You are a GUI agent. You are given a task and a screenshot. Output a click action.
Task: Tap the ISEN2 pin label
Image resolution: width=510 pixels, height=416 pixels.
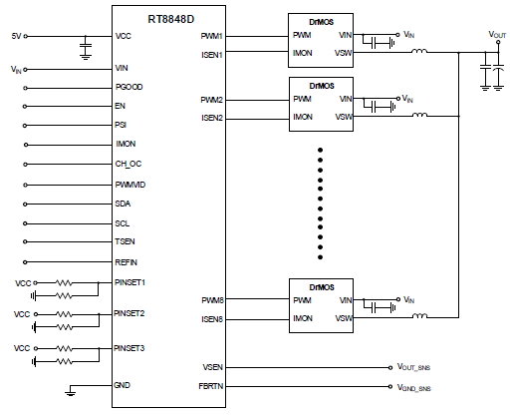[211, 118]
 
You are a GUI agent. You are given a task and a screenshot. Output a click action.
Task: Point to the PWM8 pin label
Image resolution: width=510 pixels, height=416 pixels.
[211, 299]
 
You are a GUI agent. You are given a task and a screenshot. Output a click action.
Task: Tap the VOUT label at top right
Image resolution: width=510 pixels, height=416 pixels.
[497, 36]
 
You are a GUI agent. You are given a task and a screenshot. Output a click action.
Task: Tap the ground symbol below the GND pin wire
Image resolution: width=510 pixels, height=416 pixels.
[69, 393]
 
